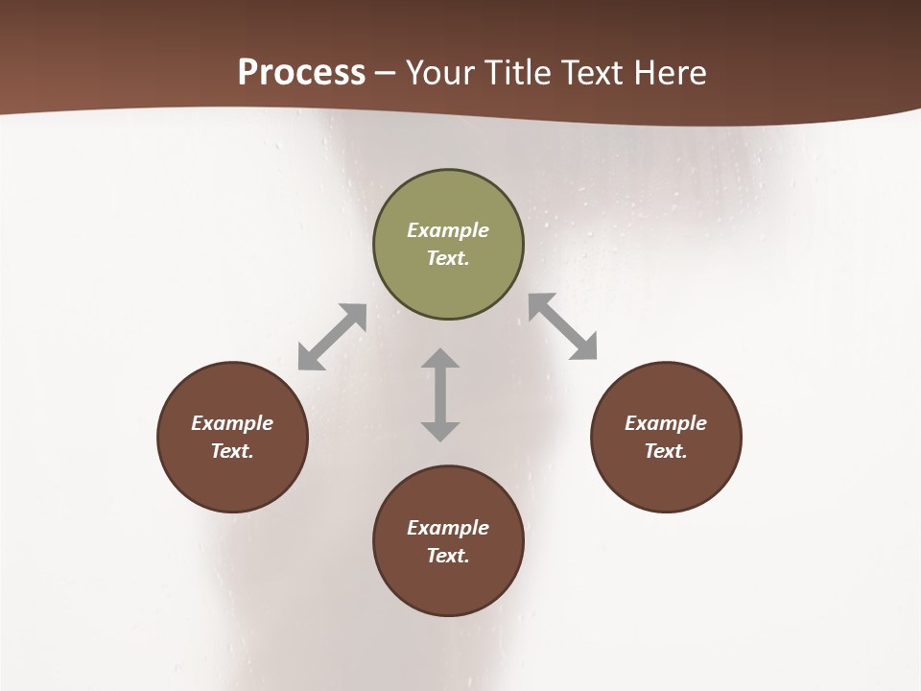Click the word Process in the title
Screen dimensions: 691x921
pos(301,73)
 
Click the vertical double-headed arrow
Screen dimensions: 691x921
pos(440,394)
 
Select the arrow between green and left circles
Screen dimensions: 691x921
pos(332,337)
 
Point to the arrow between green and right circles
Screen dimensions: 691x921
pos(563,326)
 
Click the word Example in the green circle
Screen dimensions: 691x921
pos(448,230)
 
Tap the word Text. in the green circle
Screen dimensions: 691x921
pos(448,258)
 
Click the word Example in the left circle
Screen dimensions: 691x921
pos(232,423)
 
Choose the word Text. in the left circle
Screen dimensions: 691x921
pos(232,451)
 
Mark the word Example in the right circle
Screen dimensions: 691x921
pos(666,423)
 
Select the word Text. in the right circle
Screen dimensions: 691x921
pos(666,451)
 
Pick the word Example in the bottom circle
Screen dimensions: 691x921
pos(448,528)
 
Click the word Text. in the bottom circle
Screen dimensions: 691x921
pos(448,556)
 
